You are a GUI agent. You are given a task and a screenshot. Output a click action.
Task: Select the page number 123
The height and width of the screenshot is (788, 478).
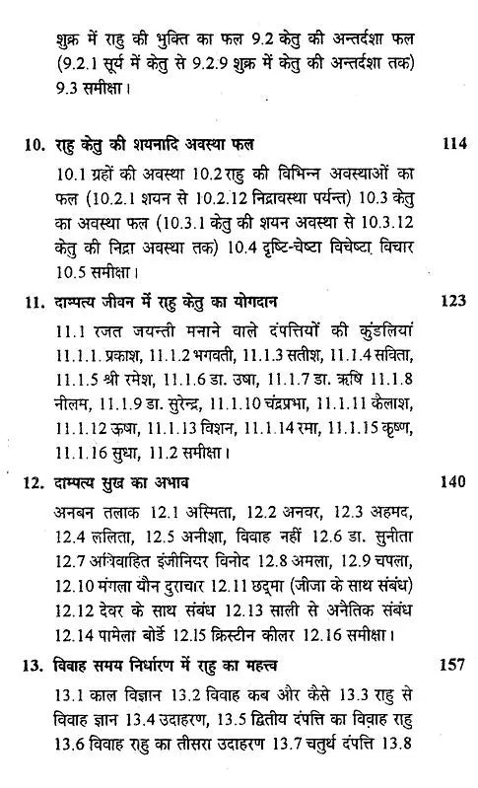click(452, 301)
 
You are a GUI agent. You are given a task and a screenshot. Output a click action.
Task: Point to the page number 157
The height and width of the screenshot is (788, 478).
click(452, 664)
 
